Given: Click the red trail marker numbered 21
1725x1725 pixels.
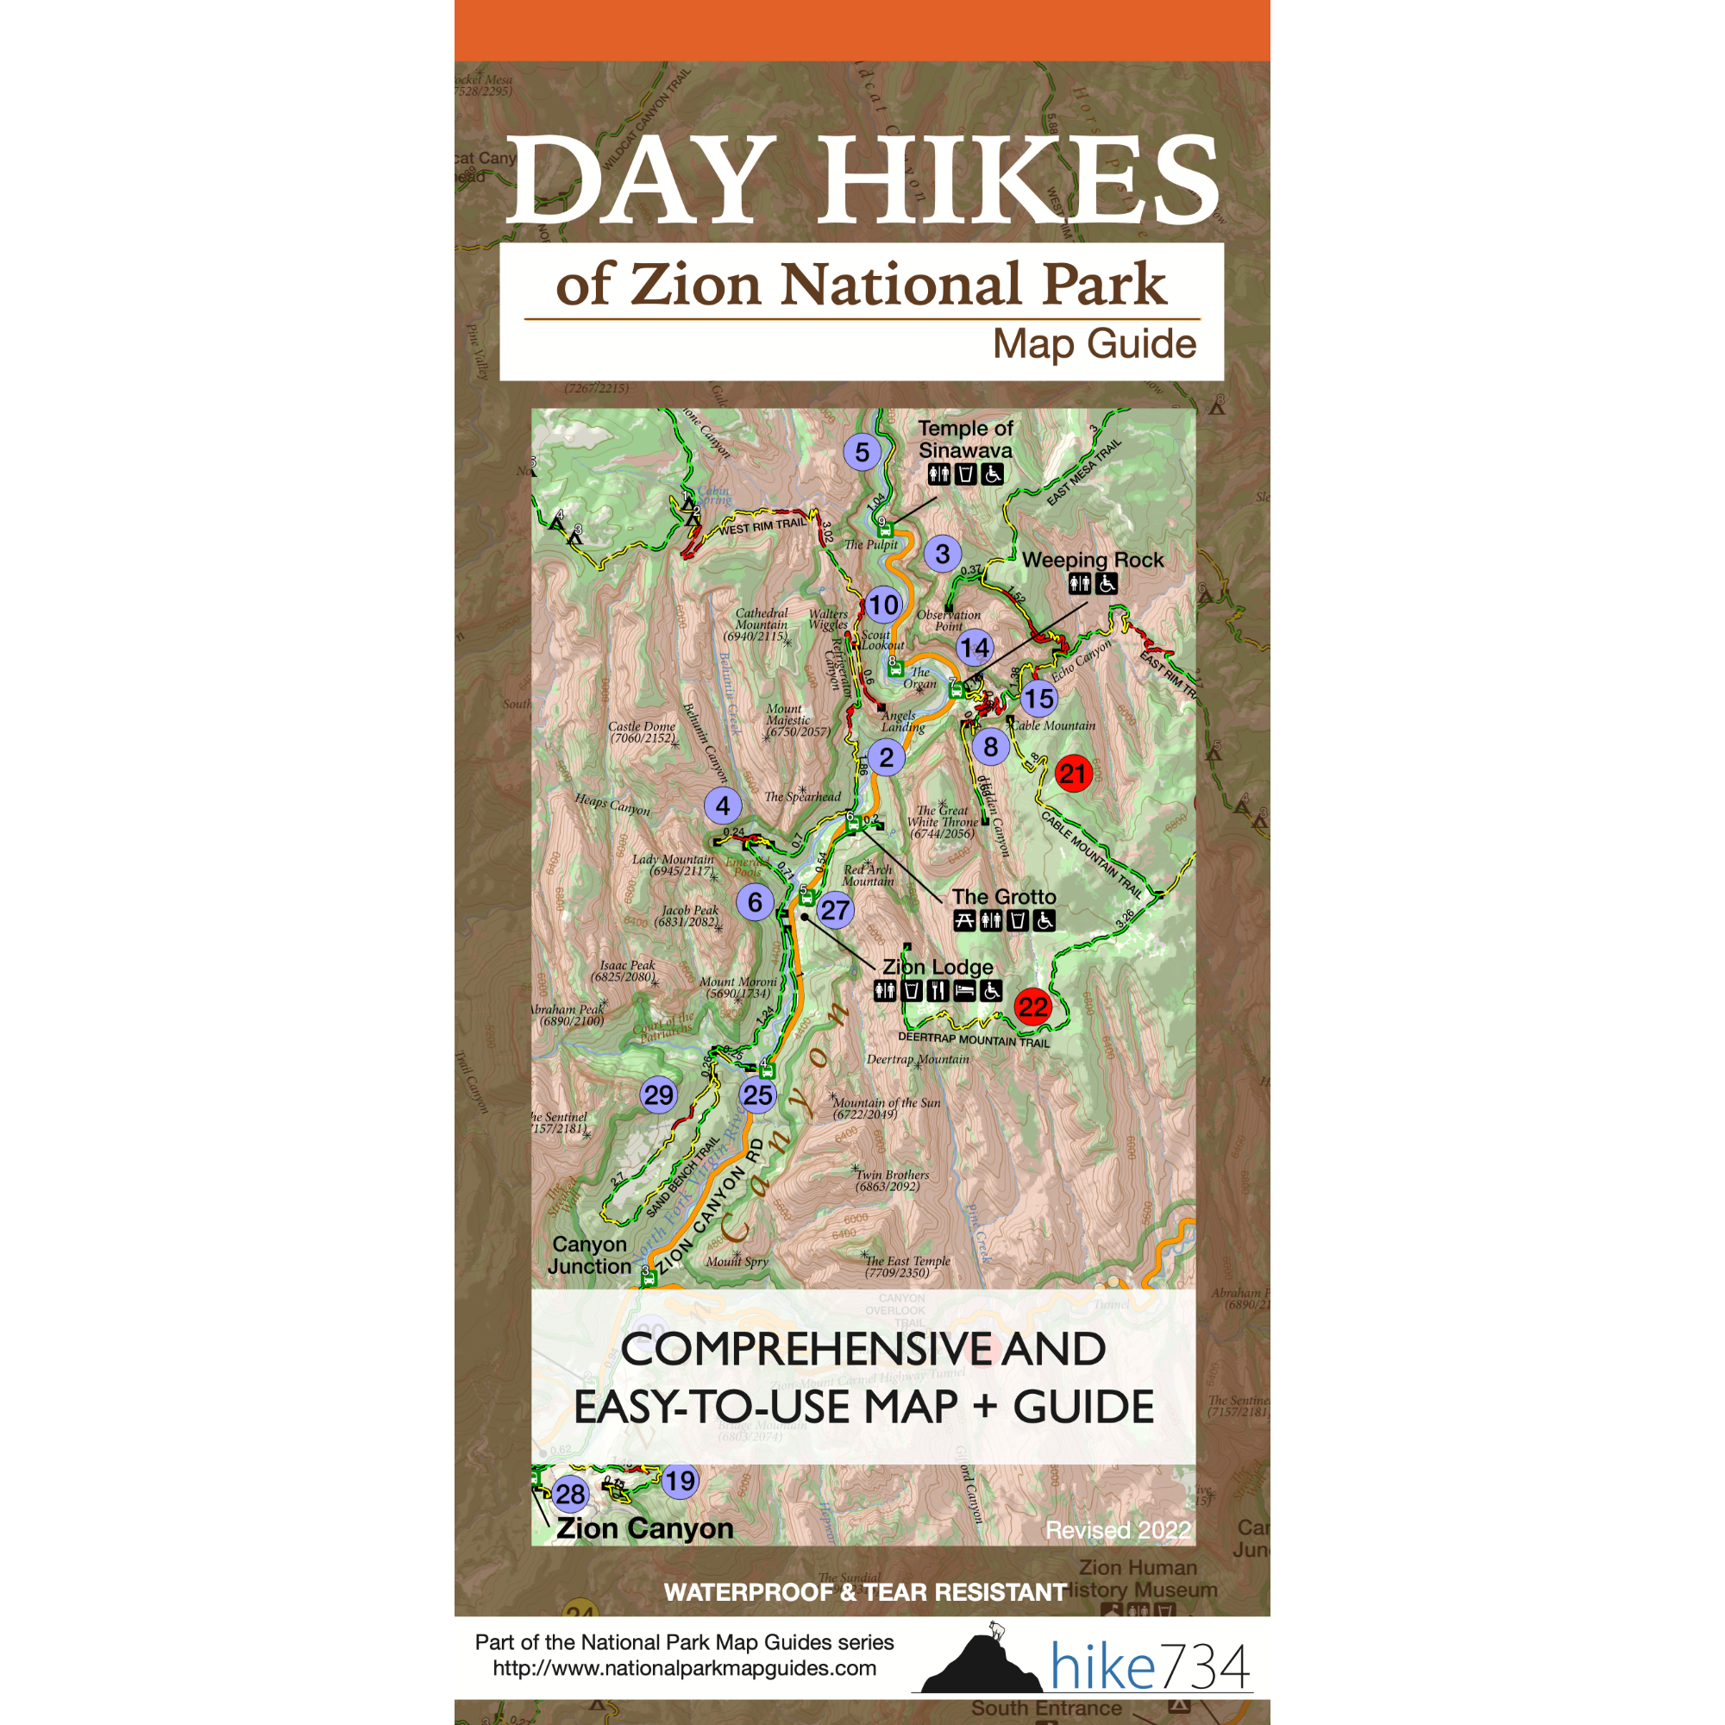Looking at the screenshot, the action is pyautogui.click(x=1073, y=773).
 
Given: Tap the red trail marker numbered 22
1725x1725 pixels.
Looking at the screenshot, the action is pyautogui.click(x=1032, y=1007).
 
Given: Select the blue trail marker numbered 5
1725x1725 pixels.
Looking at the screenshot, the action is pyautogui.click(x=862, y=453).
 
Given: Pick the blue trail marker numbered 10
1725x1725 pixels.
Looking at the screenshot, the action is pyautogui.click(x=883, y=605).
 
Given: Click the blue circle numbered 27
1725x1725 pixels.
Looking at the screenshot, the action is pyautogui.click(x=835, y=910).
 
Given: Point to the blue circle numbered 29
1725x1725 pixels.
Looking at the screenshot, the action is pyautogui.click(x=659, y=1095).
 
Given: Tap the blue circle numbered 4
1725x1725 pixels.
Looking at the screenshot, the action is pyautogui.click(x=722, y=806).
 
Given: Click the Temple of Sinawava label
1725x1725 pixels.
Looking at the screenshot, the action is pyautogui.click(x=965, y=439).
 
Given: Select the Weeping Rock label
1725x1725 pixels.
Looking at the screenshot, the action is pyautogui.click(x=1093, y=560).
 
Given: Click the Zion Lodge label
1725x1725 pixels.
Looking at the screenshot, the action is pyautogui.click(x=938, y=967).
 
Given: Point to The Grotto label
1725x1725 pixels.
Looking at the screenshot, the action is pyautogui.click(x=1004, y=896).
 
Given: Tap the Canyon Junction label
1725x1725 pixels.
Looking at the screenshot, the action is pyautogui.click(x=589, y=1254).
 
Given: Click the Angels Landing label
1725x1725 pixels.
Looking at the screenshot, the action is pyautogui.click(x=902, y=720).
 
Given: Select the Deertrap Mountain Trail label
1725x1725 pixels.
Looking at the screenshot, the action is pyautogui.click(x=973, y=1039).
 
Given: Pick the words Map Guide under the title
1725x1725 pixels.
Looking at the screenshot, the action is pyautogui.click(x=1094, y=344).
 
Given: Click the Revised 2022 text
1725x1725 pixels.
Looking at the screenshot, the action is pyautogui.click(x=1118, y=1530).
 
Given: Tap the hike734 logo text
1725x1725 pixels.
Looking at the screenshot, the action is pyautogui.click(x=1150, y=1666).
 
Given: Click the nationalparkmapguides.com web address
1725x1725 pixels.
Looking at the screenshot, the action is pyautogui.click(x=684, y=1668).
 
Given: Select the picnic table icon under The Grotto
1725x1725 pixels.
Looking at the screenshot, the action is pyautogui.click(x=964, y=920).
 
